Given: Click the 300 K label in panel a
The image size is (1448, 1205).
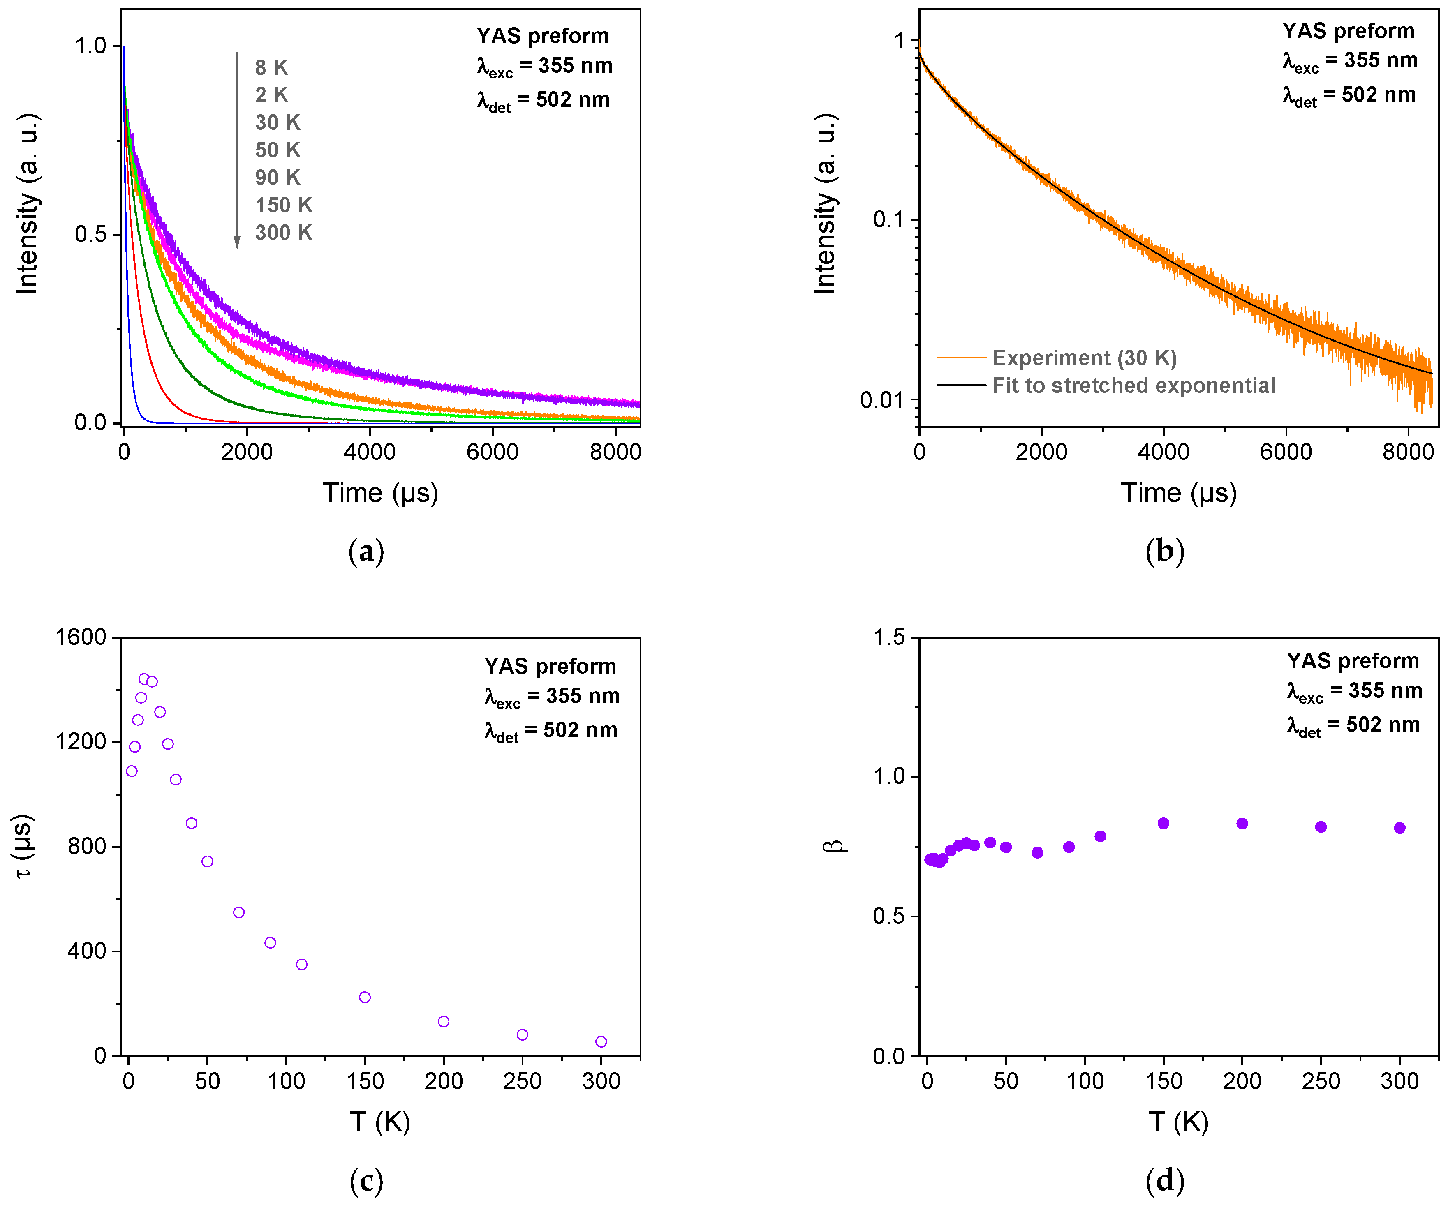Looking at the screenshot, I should click(x=283, y=233).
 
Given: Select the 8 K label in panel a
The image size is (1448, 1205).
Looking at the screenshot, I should click(x=271, y=67).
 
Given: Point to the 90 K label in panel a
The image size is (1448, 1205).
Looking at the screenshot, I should click(x=277, y=178).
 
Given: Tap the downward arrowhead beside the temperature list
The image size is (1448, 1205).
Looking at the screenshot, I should click(x=237, y=242).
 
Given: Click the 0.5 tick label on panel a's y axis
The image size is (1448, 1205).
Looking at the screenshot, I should click(x=91, y=234).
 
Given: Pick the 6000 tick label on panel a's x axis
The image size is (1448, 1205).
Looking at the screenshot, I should click(x=492, y=452).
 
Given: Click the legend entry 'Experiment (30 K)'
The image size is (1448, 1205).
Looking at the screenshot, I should click(x=1084, y=358).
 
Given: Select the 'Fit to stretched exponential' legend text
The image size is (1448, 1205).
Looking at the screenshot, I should click(x=1133, y=386).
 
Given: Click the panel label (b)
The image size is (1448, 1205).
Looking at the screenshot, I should click(x=1165, y=552).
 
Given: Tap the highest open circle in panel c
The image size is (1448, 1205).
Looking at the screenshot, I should click(x=144, y=679).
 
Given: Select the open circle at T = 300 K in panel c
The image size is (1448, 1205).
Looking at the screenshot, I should click(x=601, y=1041).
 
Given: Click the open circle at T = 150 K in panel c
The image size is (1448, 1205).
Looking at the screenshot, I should click(x=365, y=997).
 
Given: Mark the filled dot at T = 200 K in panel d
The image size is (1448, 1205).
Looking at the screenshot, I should click(x=1242, y=824).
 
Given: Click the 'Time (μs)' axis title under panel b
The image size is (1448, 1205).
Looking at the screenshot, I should click(x=1178, y=493).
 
